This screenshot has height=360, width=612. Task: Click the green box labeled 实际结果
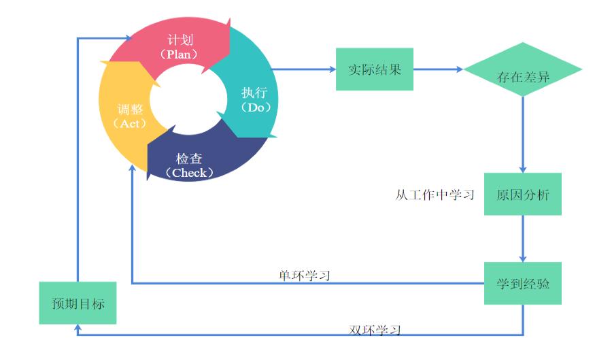click(x=375, y=69)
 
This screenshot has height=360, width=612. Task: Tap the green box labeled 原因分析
click(x=523, y=195)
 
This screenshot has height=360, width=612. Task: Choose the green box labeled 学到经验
click(x=523, y=282)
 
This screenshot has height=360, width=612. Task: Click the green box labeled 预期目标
click(x=78, y=303)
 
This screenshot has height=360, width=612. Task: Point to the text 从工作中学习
click(x=435, y=195)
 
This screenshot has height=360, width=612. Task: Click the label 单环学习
click(x=305, y=276)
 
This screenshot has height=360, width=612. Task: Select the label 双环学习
click(x=375, y=331)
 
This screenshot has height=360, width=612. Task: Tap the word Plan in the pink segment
click(x=180, y=54)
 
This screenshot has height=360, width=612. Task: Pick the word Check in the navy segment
click(x=189, y=173)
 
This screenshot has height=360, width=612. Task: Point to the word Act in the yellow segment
click(x=129, y=124)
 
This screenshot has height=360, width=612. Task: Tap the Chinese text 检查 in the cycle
click(x=189, y=159)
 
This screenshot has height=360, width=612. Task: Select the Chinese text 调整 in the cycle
click(x=129, y=109)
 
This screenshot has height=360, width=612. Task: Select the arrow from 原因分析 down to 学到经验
click(x=523, y=238)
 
